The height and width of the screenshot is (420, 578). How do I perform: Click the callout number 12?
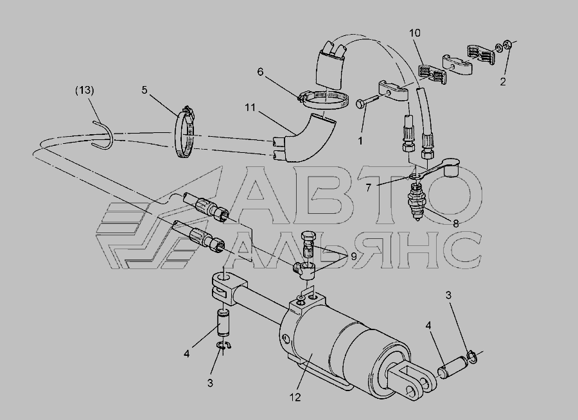point(295,397)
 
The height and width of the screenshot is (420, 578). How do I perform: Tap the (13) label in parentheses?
point(84,91)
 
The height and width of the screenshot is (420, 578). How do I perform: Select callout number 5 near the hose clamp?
point(144,90)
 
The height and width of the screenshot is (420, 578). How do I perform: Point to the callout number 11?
point(250,108)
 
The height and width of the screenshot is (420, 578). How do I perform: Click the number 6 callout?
point(260,71)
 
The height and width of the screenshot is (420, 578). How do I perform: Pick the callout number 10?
point(414,33)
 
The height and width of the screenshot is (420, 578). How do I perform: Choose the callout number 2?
point(503,82)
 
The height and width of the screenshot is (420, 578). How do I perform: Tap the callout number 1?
point(360,141)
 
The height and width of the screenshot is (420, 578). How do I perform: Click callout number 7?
point(368,188)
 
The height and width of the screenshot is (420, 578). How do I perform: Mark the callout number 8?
point(455,223)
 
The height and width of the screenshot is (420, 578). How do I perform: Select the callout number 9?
point(353,257)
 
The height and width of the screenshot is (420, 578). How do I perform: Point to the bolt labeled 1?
point(367,101)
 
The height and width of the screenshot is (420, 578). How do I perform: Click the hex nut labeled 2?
point(507,44)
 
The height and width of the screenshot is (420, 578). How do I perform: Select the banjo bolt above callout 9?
point(308,245)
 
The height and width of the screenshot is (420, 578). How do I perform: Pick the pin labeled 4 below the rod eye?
point(223,324)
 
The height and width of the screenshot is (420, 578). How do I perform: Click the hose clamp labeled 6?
point(324,99)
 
